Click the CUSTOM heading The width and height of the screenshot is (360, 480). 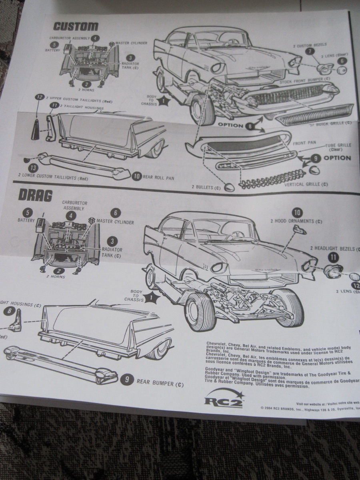pyautogui.click(x=76, y=26)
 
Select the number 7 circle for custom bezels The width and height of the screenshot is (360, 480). pyautogui.click(x=309, y=51)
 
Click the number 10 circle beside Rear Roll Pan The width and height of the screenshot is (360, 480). pyautogui.click(x=137, y=176)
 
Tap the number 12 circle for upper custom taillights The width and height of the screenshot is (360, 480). pyautogui.click(x=39, y=97)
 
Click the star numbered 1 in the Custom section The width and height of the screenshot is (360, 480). pyautogui.click(x=162, y=101)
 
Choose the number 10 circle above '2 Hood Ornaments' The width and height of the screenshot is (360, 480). pyautogui.click(x=297, y=212)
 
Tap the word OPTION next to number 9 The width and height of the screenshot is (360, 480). pyautogui.click(x=337, y=158)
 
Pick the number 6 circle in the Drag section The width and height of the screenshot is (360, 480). pyautogui.click(x=115, y=213)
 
